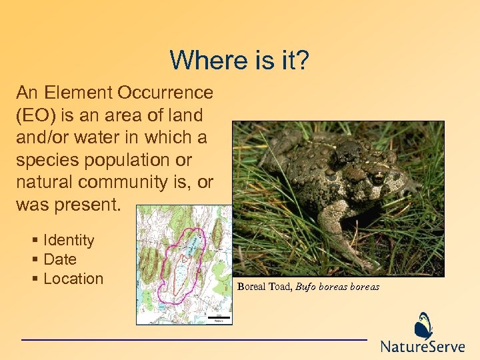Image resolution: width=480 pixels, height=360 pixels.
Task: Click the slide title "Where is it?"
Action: (x=239, y=60)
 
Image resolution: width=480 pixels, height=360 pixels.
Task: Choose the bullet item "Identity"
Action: (x=69, y=240)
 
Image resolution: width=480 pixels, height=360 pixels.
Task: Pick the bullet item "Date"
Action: (x=60, y=259)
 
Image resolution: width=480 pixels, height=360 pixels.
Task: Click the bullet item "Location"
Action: (x=73, y=279)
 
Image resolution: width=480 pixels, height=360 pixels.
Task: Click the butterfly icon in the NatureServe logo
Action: (x=423, y=326)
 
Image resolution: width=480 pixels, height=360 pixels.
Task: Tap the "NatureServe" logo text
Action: (x=423, y=347)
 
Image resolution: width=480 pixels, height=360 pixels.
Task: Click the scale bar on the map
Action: (x=219, y=317)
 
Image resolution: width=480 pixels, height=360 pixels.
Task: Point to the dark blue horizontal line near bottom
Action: (x=193, y=340)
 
